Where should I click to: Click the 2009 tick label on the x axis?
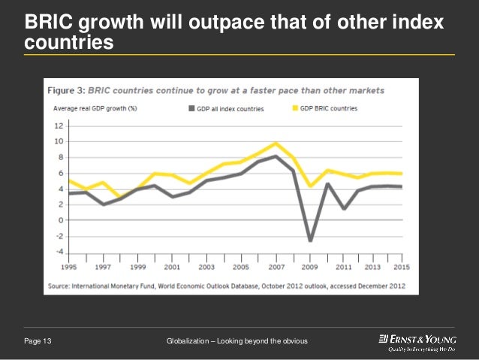309,267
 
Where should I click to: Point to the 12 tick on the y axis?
59,126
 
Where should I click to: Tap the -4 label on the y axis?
58,252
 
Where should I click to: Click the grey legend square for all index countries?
191,108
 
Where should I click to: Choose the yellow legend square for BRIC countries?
294,108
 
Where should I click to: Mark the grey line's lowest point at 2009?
309,241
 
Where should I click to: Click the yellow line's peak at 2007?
276,143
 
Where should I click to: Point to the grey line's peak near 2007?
276,156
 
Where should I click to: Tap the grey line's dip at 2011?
343,208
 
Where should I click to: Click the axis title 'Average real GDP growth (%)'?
95,108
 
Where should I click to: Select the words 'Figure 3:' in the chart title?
66,90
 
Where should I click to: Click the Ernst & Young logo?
417,343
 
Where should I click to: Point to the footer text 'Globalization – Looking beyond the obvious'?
236,343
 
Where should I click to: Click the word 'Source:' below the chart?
61,285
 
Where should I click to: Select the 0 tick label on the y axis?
59,220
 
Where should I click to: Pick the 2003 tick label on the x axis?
207,267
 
